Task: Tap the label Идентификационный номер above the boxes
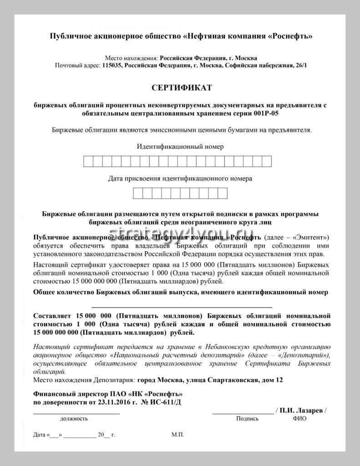[180, 147]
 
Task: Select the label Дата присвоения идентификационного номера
[180, 179]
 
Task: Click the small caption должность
[73, 419]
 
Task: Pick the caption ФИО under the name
[299, 419]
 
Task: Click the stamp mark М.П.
[178, 435]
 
